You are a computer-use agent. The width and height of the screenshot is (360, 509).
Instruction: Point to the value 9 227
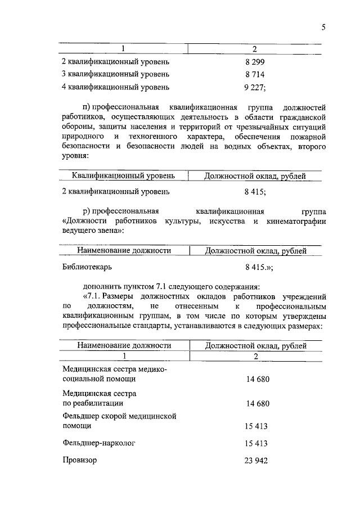pyautogui.click(x=254, y=87)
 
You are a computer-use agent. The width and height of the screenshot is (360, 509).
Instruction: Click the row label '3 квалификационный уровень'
pyautogui.click(x=115, y=74)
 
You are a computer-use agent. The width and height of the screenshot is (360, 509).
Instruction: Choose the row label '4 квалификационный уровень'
pyautogui.click(x=115, y=87)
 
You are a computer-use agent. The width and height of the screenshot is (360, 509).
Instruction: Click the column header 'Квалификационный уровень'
pyautogui.click(x=124, y=176)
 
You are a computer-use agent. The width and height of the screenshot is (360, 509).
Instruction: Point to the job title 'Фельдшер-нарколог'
pyautogui.click(x=99, y=443)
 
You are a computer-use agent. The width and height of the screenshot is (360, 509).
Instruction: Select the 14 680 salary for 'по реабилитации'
pyautogui.click(x=258, y=403)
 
